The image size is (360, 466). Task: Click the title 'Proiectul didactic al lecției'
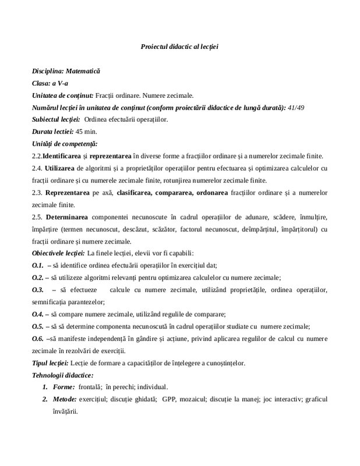click(x=179, y=46)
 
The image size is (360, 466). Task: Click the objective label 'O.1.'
click(x=38, y=265)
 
